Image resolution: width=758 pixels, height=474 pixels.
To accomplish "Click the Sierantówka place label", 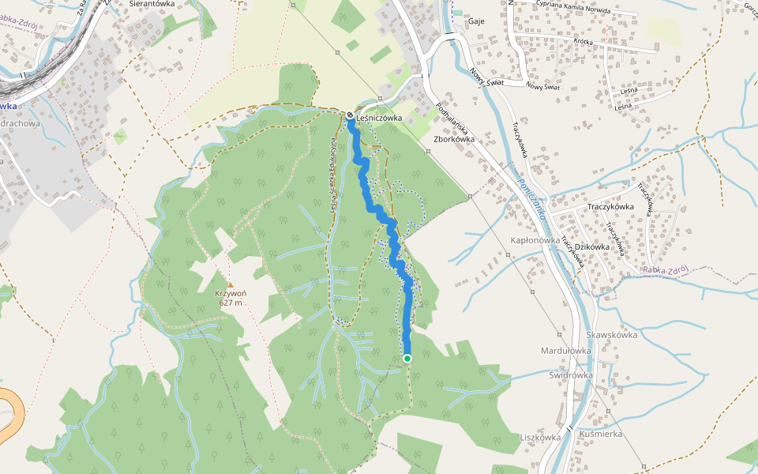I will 152,4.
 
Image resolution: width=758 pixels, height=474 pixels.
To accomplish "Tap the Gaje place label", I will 476,21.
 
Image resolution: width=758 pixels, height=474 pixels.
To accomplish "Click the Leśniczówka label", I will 380,118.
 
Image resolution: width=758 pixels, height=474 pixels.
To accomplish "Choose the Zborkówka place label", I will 453,137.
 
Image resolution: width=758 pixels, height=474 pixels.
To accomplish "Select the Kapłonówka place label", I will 535,240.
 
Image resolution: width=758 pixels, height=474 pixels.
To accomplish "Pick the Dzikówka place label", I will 592,246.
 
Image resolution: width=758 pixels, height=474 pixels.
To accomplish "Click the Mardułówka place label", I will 565,350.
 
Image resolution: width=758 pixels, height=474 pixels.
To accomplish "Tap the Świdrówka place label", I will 571,375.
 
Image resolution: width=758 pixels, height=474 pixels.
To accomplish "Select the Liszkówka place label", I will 540,437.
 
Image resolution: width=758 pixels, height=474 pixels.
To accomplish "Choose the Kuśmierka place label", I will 601,434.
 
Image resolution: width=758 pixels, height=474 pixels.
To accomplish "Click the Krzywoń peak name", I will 230,293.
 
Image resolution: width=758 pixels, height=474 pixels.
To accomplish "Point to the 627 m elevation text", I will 230,303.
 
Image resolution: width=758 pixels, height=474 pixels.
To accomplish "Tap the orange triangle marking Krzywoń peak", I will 231,284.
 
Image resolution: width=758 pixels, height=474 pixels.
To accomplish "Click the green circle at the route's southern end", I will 407,359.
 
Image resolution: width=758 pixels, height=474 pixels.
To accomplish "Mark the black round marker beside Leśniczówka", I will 349,115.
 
